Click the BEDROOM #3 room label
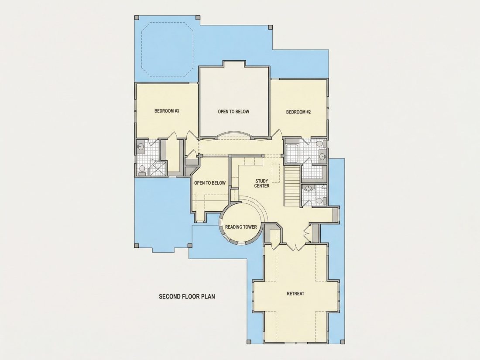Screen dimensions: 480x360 (167, 111)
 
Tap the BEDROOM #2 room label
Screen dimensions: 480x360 (298, 112)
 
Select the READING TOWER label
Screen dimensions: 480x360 (241, 227)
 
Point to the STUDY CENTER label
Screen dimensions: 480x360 (262, 183)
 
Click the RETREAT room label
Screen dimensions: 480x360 (295, 294)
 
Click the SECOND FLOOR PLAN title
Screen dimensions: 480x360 (187, 296)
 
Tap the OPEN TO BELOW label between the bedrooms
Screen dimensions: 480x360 (233, 112)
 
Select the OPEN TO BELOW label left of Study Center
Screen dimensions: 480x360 (210, 183)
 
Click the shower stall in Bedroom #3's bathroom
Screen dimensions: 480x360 (158, 168)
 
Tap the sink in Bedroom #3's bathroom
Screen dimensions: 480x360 (141, 147)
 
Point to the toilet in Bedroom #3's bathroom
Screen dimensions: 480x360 (142, 170)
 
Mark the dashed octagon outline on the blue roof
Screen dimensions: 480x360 (167, 50)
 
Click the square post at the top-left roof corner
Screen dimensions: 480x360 (137, 17)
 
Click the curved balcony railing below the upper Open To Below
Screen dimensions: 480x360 (233, 134)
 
